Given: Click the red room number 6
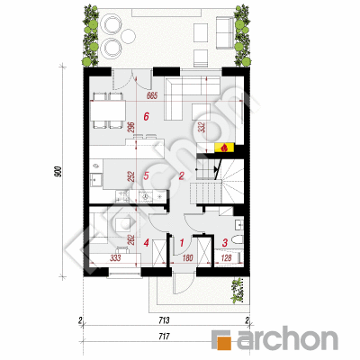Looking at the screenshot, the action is (x=146, y=116).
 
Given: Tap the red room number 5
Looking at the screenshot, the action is (x=146, y=175).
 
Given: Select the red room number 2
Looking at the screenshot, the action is (x=181, y=175).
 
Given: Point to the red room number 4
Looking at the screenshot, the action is (x=146, y=242).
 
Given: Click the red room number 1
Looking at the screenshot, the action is (x=182, y=242).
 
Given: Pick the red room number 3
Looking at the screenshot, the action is (x=225, y=242).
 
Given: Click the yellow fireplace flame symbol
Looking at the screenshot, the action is (x=224, y=148).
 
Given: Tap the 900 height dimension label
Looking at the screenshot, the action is (x=58, y=171).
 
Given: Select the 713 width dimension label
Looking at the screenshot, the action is (x=164, y=320).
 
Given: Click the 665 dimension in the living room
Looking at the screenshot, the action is (x=152, y=96).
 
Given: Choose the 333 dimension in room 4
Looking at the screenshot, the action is (x=115, y=257).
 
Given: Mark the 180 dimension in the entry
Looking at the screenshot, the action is (x=187, y=257).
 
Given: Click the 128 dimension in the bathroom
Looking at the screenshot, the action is (x=226, y=257).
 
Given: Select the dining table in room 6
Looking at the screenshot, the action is (x=108, y=111).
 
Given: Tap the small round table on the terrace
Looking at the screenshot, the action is (x=129, y=36).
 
